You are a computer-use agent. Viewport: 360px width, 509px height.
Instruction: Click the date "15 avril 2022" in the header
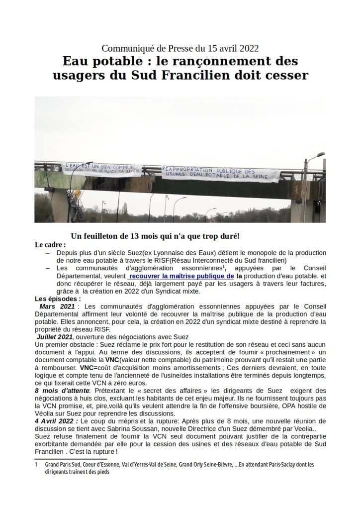click(x=233, y=48)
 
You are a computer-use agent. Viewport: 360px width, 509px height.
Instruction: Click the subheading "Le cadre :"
click(x=50, y=245)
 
